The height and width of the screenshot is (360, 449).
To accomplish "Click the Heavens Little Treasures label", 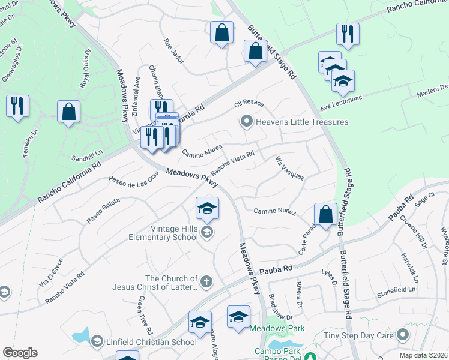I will point(302,122).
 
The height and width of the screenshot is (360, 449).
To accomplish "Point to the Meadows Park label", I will point(277,328).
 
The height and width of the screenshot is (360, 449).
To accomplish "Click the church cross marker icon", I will point(206,281).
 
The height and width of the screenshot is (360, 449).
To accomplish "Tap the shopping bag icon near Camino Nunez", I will point(325,215).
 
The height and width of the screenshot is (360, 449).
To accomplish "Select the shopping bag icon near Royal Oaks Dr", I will point(69,112).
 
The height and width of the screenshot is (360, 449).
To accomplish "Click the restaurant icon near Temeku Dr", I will point(17,107).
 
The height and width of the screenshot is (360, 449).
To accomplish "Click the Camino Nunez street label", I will point(275,211).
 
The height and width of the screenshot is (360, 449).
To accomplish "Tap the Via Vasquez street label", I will point(289,167).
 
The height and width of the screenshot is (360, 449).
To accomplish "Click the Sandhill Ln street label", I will point(88,154).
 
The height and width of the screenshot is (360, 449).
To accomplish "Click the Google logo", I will point(20,353).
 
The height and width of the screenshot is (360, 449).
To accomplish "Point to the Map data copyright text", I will point(423,355).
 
